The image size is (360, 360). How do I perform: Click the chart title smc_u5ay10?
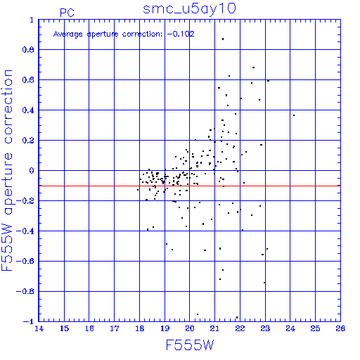(189, 9)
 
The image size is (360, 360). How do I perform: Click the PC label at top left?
(67, 13)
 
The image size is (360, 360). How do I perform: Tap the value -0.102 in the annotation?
(181, 34)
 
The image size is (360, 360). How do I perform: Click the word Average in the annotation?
(68, 34)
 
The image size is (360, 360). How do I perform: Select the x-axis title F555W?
(190, 345)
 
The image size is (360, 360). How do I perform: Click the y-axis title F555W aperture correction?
(7, 170)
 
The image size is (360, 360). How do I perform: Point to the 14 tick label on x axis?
(39, 328)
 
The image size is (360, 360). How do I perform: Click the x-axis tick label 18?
(140, 328)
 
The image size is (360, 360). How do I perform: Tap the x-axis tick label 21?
(214, 328)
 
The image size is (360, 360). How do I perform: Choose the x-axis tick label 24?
(290, 328)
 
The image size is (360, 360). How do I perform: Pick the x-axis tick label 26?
(340, 328)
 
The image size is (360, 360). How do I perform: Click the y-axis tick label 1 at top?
(32, 20)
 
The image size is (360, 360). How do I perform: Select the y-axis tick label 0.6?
(28, 80)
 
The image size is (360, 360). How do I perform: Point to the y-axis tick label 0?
(32, 171)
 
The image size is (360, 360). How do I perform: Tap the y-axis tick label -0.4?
(25, 231)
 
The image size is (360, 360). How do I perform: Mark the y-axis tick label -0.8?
(25, 292)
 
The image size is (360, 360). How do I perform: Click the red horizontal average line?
(189, 186)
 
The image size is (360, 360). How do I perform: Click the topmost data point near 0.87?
(223, 39)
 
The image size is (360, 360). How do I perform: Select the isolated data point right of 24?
(294, 115)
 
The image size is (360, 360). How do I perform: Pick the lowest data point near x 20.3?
(198, 314)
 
